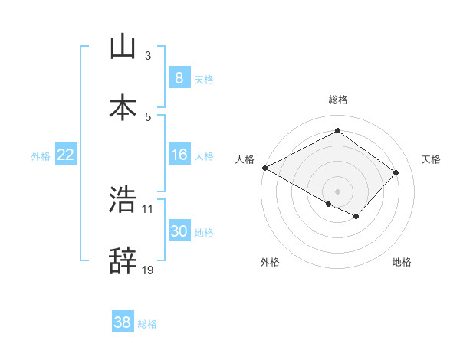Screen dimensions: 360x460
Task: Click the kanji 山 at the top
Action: pyautogui.click(x=123, y=47)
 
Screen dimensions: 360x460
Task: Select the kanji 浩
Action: pyautogui.click(x=123, y=200)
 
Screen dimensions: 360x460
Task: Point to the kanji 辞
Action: pyautogui.click(x=123, y=261)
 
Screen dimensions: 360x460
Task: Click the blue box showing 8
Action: pyautogui.click(x=179, y=78)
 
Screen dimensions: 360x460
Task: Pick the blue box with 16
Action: pyautogui.click(x=179, y=155)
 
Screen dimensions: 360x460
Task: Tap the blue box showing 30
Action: pyautogui.click(x=179, y=231)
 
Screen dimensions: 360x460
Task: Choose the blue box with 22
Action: pyautogui.click(x=66, y=155)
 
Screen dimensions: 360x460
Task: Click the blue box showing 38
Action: pyautogui.click(x=123, y=322)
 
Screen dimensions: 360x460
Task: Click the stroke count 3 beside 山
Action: pyautogui.click(x=148, y=56)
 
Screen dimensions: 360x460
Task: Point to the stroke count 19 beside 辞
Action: pyautogui.click(x=148, y=270)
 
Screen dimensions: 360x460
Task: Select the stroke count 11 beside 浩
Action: pyautogui.click(x=148, y=208)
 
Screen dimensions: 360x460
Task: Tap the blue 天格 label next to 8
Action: pyautogui.click(x=204, y=80)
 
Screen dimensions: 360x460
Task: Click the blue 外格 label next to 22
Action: pyautogui.click(x=41, y=156)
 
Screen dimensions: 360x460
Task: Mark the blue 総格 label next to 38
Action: pyautogui.click(x=147, y=324)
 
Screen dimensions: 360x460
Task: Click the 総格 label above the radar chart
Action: pyautogui.click(x=338, y=100)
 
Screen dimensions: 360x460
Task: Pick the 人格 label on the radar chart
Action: pyautogui.click(x=245, y=159)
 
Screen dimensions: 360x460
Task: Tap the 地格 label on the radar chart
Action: pyautogui.click(x=402, y=263)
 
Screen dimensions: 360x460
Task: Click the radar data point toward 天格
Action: pyautogui.click(x=396, y=172)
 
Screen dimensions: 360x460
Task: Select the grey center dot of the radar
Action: pyautogui.click(x=337, y=191)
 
